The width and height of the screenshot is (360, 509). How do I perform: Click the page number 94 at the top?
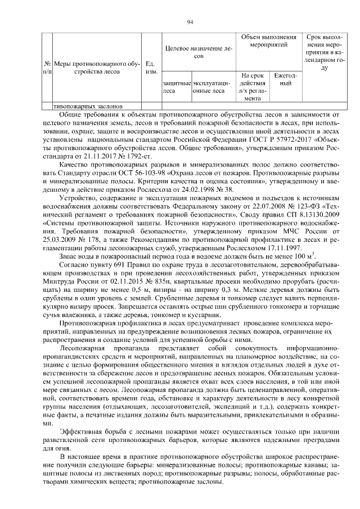click(x=190, y=22)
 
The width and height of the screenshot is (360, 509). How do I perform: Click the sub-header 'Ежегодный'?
click(x=285, y=79)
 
